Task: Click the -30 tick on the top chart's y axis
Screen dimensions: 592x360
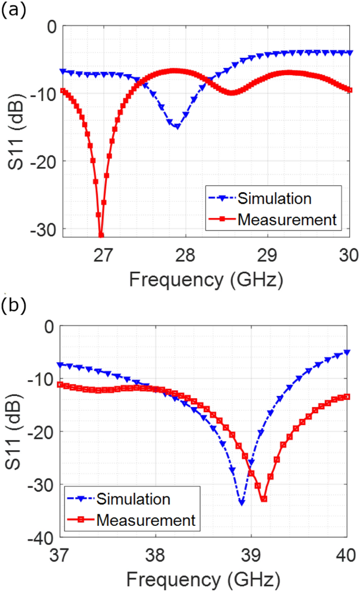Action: (46, 229)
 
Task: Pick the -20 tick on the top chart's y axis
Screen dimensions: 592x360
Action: (46, 161)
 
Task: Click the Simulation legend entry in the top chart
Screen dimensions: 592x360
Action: (274, 199)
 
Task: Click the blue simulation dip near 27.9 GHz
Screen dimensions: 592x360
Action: (177, 126)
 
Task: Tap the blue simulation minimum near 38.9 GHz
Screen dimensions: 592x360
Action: (241, 503)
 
